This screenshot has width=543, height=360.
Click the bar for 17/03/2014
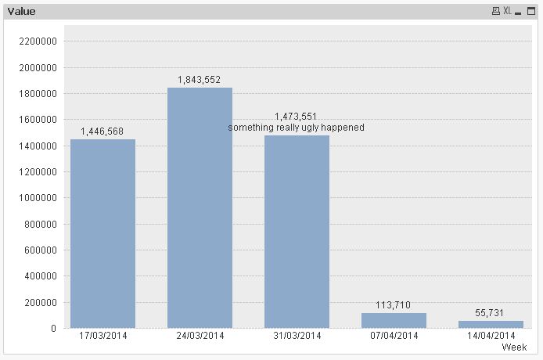pyautogui.click(x=102, y=233)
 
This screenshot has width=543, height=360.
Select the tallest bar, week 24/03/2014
pyautogui.click(x=200, y=207)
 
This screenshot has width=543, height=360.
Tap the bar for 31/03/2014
pyautogui.click(x=297, y=232)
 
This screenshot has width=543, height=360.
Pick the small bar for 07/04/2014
pyautogui.click(x=394, y=320)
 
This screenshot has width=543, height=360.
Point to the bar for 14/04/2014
pyautogui.click(x=491, y=324)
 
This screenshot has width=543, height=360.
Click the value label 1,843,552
pyautogui.click(x=200, y=80)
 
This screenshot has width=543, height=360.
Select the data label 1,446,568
pyautogui.click(x=102, y=131)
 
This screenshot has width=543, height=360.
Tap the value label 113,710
pyautogui.click(x=394, y=305)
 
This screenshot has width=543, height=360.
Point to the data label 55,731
pyautogui.click(x=491, y=312)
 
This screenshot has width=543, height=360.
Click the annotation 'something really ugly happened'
pyautogui.click(x=297, y=128)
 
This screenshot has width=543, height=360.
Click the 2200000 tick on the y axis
pyautogui.click(x=38, y=41)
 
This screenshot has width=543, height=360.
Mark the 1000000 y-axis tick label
pyautogui.click(x=38, y=198)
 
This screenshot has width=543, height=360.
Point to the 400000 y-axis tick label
pyautogui.click(x=41, y=276)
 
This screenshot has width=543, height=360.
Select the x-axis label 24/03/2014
pyautogui.click(x=200, y=337)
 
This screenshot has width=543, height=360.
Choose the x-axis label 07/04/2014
pyautogui.click(x=394, y=337)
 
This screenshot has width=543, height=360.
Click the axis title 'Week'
pyautogui.click(x=514, y=347)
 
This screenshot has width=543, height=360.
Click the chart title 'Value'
pyautogui.click(x=21, y=12)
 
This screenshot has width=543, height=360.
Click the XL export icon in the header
pyautogui.click(x=507, y=12)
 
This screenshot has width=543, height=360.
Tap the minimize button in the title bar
pyautogui.click(x=519, y=12)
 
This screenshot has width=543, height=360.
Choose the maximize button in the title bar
pyautogui.click(x=531, y=12)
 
